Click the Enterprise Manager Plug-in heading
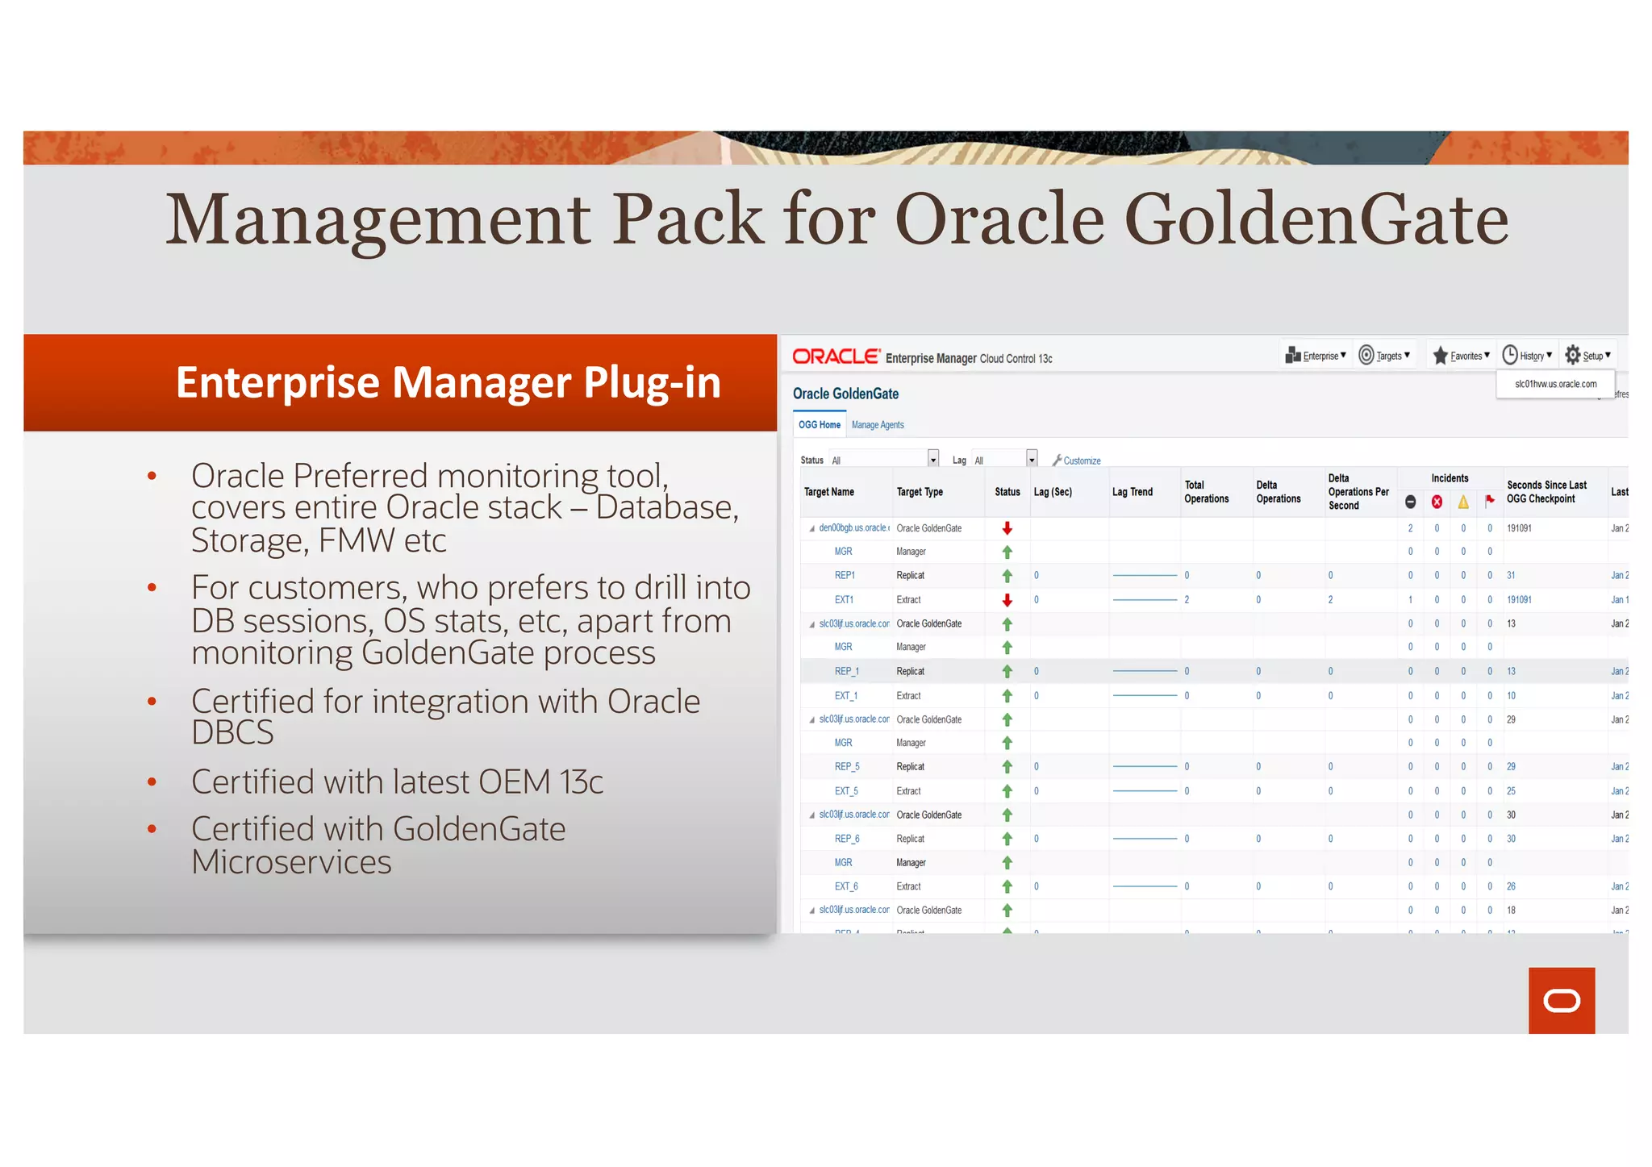click(x=448, y=382)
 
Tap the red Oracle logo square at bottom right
click(x=1561, y=1000)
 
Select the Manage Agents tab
click(x=878, y=425)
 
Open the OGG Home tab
click(x=819, y=425)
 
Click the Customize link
click(x=1081, y=461)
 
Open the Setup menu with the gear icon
click(x=1587, y=356)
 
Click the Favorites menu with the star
click(x=1461, y=356)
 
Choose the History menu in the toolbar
click(x=1527, y=356)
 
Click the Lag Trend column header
click(x=1132, y=492)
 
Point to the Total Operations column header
click(x=1206, y=492)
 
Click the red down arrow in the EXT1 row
click(x=1007, y=600)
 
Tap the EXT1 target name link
click(x=844, y=600)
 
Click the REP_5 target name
click(x=846, y=767)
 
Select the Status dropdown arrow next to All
click(x=933, y=460)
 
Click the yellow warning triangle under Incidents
click(x=1463, y=502)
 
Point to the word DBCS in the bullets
click(x=232, y=732)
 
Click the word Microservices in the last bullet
click(x=291, y=862)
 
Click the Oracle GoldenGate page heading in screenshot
click(x=845, y=394)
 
